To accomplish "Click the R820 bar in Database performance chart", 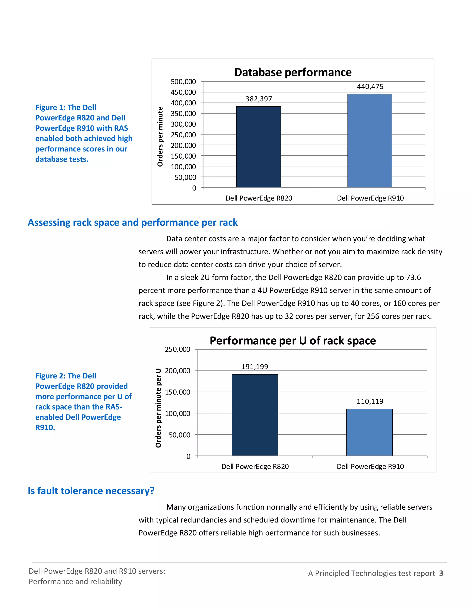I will (258, 147).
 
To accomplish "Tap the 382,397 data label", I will (259, 99).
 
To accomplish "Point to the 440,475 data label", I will (370, 87).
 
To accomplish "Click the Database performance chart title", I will (293, 72).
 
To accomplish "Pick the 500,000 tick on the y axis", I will (183, 82).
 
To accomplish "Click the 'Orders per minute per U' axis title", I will (158, 408).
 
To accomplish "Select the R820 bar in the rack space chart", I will (255, 415).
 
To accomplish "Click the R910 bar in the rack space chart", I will (369, 432).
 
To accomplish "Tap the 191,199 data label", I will (255, 367).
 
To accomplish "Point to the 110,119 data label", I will (370, 401).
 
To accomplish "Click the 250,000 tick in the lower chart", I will (178, 349).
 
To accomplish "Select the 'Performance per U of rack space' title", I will (293, 341).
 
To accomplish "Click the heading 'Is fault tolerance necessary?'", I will (91, 491).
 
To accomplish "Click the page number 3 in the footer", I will (441, 573).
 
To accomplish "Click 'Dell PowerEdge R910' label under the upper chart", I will (370, 198).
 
